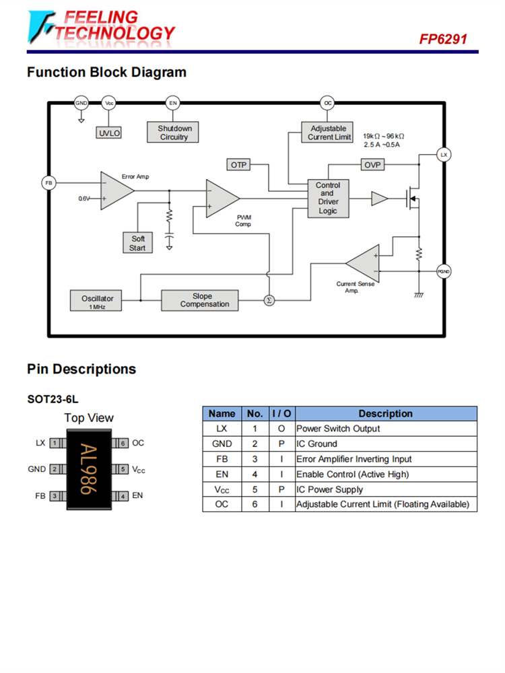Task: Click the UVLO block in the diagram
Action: [x=109, y=133]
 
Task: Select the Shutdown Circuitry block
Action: [x=174, y=133]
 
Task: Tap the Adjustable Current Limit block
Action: [x=329, y=133]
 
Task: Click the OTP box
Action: [x=239, y=165]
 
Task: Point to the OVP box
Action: [x=372, y=165]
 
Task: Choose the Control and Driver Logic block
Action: [x=328, y=198]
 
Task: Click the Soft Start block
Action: [x=137, y=243]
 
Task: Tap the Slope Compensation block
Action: [x=200, y=300]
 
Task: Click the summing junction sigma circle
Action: [x=269, y=300]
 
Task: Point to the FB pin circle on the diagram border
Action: [x=48, y=183]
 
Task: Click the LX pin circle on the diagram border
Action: [x=443, y=155]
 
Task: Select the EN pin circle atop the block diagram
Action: [x=173, y=103]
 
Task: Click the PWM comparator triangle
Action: [x=220, y=198]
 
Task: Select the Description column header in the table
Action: [x=385, y=414]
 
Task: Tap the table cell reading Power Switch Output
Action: [x=338, y=429]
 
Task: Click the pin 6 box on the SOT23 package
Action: [x=123, y=444]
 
